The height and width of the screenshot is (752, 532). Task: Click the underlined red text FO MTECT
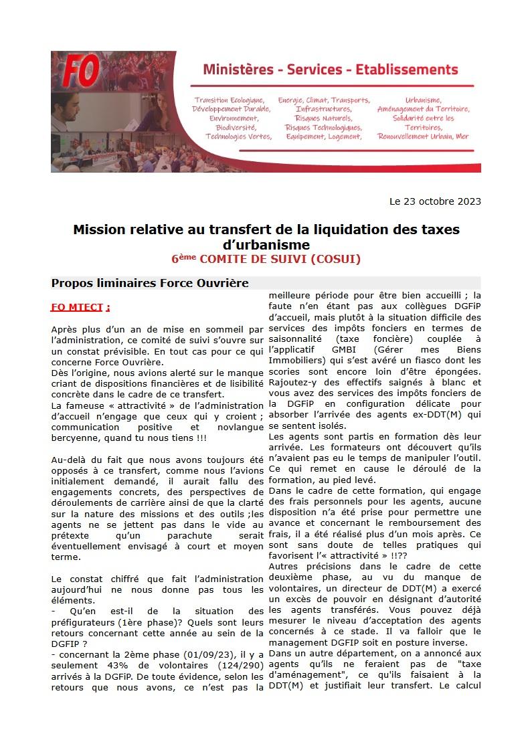click(x=80, y=307)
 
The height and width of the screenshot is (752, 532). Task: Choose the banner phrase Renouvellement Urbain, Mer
click(x=423, y=136)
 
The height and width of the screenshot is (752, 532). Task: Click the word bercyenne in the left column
click(x=74, y=438)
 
